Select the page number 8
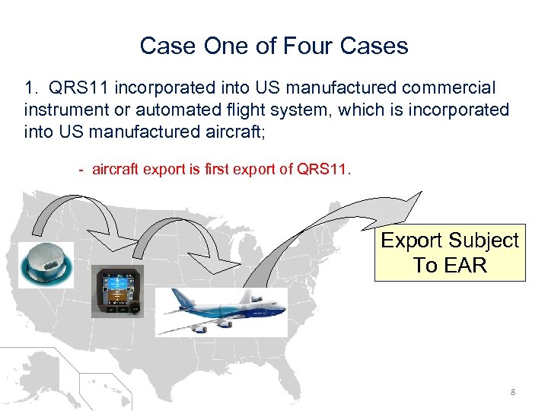(513, 392)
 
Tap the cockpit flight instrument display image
(116, 292)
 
